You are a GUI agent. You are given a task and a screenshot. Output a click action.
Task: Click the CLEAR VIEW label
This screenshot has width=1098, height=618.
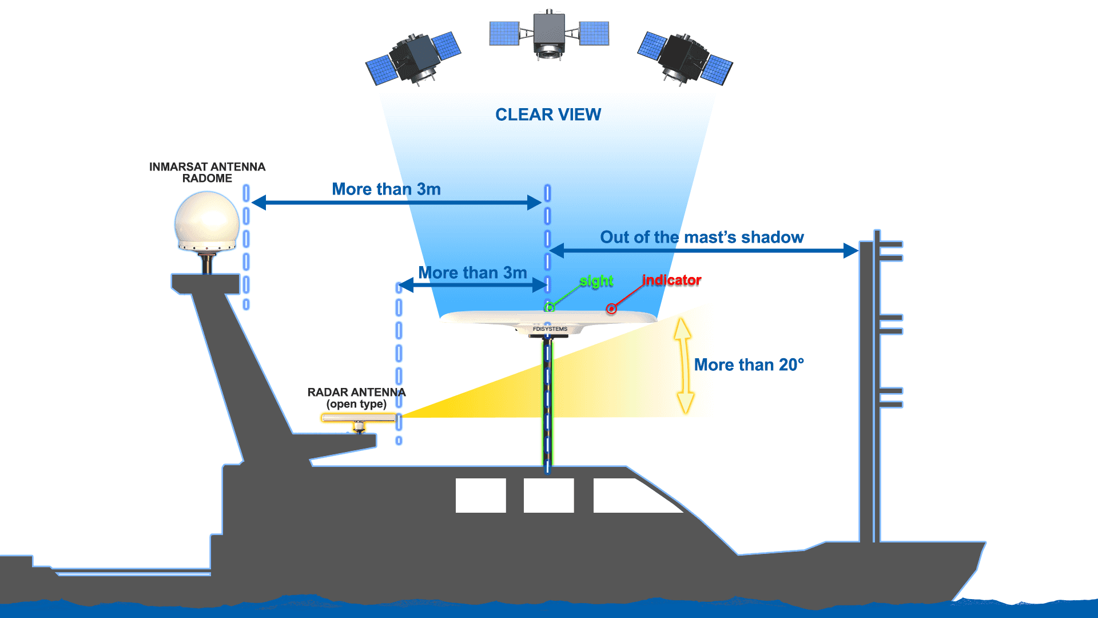click(x=548, y=114)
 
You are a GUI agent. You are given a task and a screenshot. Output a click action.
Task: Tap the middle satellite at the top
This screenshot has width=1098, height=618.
click(x=549, y=34)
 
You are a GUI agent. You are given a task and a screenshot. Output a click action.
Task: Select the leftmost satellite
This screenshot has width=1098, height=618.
click(x=413, y=59)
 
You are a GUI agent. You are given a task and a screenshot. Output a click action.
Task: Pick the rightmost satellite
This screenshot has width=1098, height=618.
click(x=685, y=58)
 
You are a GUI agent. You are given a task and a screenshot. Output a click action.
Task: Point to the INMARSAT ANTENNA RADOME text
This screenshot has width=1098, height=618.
click(x=207, y=172)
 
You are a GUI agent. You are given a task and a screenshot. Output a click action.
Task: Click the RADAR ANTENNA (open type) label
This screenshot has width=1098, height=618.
click(x=356, y=398)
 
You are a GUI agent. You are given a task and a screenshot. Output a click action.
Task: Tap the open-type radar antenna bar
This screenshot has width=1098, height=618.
click(x=358, y=418)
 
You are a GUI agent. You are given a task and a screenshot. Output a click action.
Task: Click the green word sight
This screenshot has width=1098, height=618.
click(x=596, y=281)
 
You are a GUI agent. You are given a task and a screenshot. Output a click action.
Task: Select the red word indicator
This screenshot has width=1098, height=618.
click(x=671, y=280)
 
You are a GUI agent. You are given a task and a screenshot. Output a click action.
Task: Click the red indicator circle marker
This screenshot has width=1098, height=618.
click(x=611, y=309)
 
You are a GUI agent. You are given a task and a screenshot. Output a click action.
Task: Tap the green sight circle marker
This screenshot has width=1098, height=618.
click(x=550, y=307)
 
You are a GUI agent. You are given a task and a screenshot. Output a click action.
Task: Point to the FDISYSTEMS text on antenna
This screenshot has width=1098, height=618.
click(x=550, y=329)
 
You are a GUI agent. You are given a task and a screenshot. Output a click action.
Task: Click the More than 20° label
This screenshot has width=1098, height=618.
click(x=749, y=365)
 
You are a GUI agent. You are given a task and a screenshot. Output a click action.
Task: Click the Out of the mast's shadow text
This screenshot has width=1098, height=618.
click(x=702, y=237)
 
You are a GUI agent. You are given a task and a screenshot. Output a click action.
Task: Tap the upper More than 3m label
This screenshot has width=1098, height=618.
click(x=386, y=189)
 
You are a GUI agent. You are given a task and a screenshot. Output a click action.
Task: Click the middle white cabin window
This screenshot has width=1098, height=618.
click(x=548, y=495)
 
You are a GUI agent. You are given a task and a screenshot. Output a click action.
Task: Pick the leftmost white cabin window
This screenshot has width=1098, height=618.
click(x=480, y=495)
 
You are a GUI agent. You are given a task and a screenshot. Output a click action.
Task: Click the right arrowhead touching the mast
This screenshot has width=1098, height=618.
click(x=851, y=250)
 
